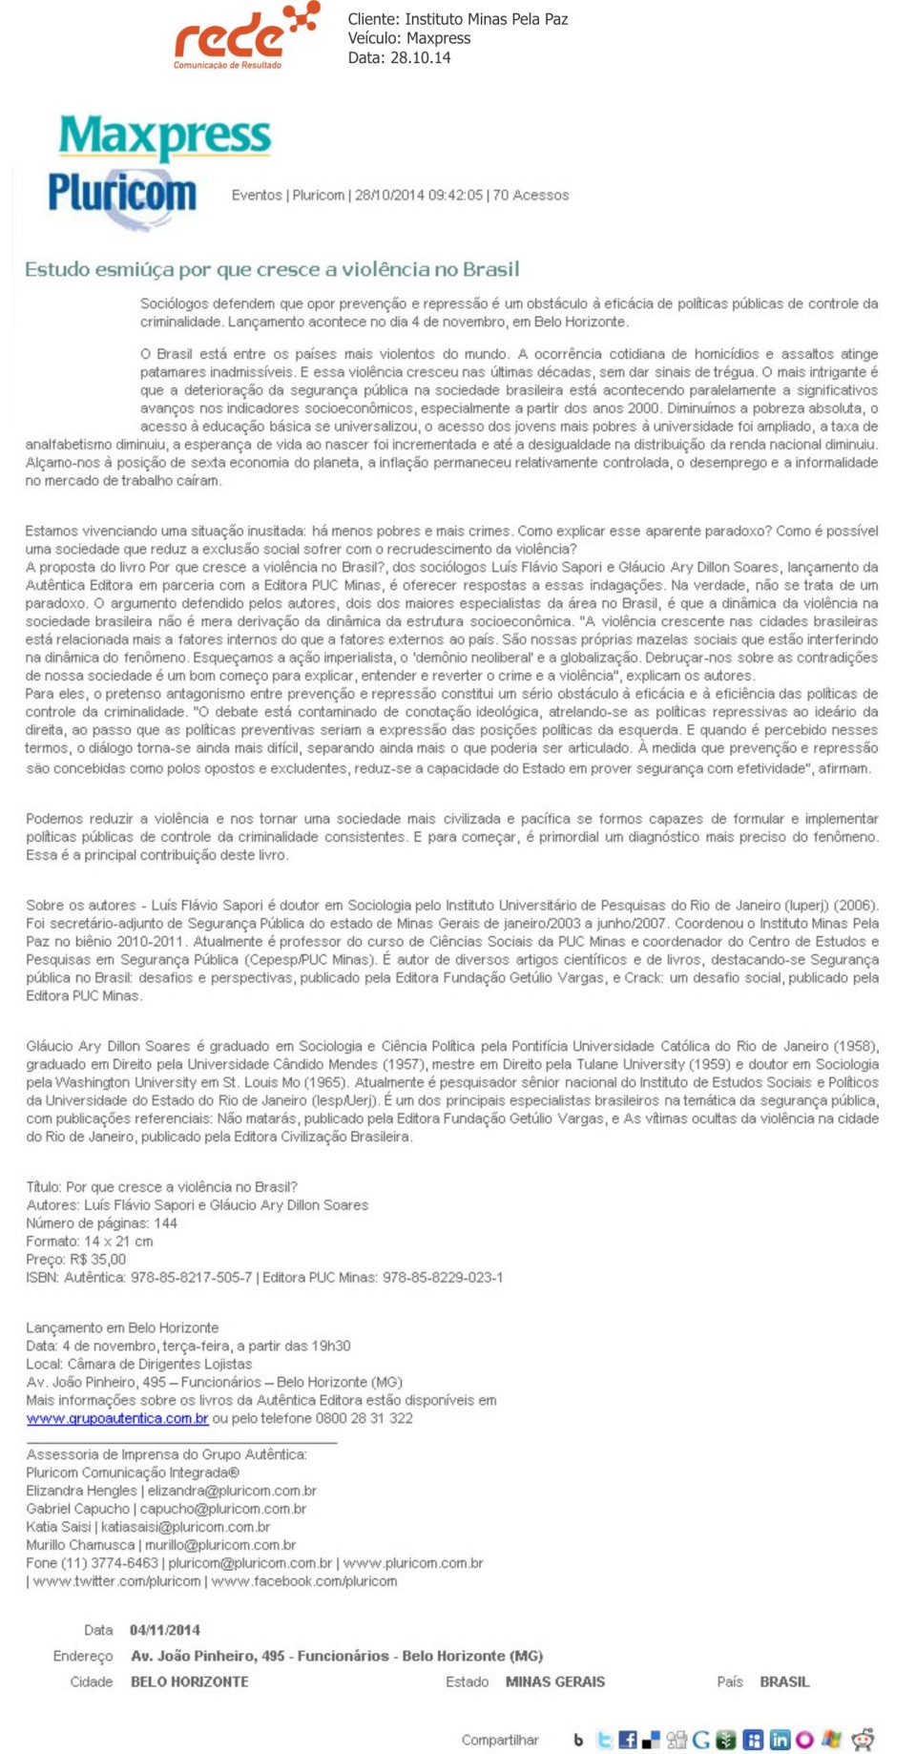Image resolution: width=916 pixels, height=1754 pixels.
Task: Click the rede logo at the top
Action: [x=242, y=36]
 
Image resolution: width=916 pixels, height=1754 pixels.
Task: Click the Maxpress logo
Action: [x=165, y=136]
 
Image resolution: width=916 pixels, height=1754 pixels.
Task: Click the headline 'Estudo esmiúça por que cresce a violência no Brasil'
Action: [x=272, y=269]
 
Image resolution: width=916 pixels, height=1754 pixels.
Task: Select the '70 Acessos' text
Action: [x=531, y=195]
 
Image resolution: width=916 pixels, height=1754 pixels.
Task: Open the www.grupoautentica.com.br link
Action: [x=117, y=1418]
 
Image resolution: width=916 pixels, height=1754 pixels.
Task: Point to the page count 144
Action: [x=165, y=1223]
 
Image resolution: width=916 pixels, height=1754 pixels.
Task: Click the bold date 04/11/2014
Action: [x=165, y=1630]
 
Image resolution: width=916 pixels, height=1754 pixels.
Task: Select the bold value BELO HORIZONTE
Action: [x=189, y=1681]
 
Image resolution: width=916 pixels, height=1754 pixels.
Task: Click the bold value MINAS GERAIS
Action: [x=554, y=1681]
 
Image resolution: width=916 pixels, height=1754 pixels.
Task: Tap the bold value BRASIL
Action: [x=784, y=1681]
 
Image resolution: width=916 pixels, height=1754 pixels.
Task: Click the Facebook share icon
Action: [x=627, y=1740]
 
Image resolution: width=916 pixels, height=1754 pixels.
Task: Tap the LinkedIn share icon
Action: [x=779, y=1740]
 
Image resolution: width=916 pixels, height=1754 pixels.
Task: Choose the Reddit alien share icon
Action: [x=863, y=1740]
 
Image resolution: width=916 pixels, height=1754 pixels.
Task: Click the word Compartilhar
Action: [x=500, y=1740]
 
